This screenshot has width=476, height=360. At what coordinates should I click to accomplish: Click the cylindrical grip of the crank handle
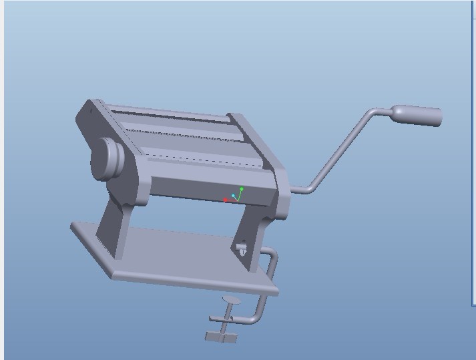click(x=419, y=116)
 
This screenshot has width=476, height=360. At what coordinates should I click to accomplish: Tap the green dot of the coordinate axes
click(x=242, y=190)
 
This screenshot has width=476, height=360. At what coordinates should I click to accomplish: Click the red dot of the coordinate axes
click(x=226, y=200)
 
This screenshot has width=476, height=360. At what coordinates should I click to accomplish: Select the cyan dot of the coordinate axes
click(x=234, y=196)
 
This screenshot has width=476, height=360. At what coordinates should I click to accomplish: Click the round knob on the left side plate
click(x=107, y=159)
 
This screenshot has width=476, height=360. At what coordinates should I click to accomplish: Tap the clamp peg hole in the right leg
click(x=241, y=250)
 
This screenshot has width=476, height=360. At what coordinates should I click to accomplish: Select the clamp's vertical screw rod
click(x=227, y=317)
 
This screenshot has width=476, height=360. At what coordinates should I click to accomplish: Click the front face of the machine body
click(x=207, y=190)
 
